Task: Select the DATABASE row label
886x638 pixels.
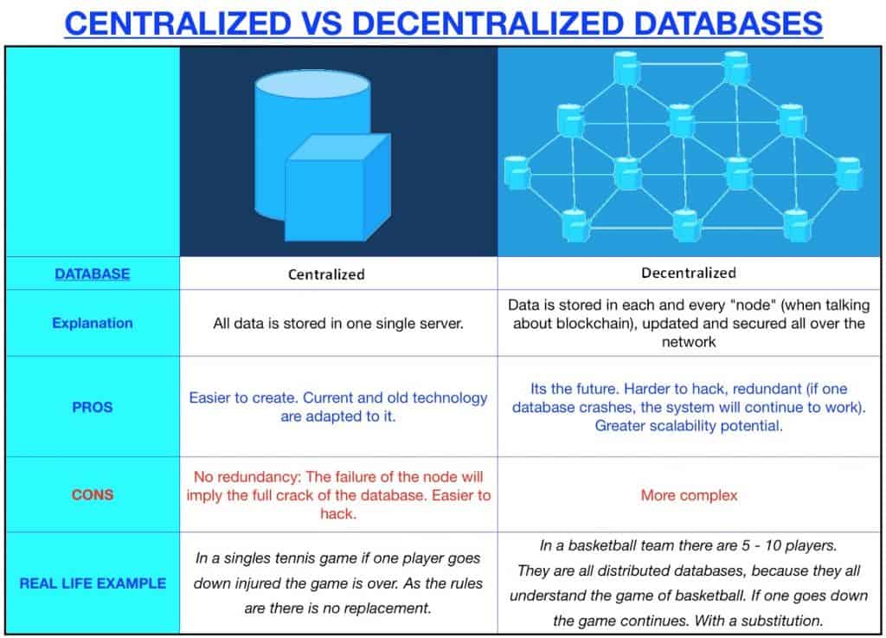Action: pos(92,274)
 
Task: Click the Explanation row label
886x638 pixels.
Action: pos(92,323)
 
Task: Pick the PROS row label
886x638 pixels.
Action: pos(92,406)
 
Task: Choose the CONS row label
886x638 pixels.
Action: pos(92,495)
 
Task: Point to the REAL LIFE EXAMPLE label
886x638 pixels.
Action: pos(92,583)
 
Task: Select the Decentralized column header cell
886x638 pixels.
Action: pos(688,274)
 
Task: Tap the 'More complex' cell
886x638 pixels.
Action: pos(689,495)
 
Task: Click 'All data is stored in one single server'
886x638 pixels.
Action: pos(338,324)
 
